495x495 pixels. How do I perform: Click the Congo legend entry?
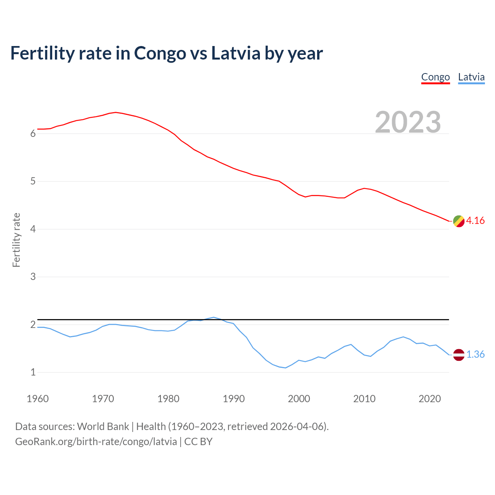tap(435, 77)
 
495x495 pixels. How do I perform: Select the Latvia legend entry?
tap(471, 77)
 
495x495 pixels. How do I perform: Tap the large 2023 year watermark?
tap(408, 122)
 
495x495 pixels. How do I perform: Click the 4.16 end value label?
tap(475, 221)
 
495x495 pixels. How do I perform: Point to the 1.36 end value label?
tap(475, 355)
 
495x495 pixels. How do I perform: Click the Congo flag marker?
tap(459, 221)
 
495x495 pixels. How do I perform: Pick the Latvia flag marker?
tap(459, 355)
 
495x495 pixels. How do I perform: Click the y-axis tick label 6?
tap(33, 134)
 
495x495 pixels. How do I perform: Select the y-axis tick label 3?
tap(33, 277)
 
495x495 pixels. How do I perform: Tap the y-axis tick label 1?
tap(33, 372)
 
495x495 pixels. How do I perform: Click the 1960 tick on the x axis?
tap(38, 399)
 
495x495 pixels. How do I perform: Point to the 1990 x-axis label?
tap(234, 399)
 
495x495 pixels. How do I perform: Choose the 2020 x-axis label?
tap(430, 399)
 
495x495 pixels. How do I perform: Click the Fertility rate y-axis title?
tap(16, 240)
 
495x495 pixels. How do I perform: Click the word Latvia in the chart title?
tap(236, 53)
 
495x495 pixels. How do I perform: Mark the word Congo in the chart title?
tap(160, 54)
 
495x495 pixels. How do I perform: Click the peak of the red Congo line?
tap(116, 112)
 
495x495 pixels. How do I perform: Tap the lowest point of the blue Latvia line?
tap(285, 368)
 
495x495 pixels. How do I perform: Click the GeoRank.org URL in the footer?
tap(96, 442)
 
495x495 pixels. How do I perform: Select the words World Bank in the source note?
tap(103, 427)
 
